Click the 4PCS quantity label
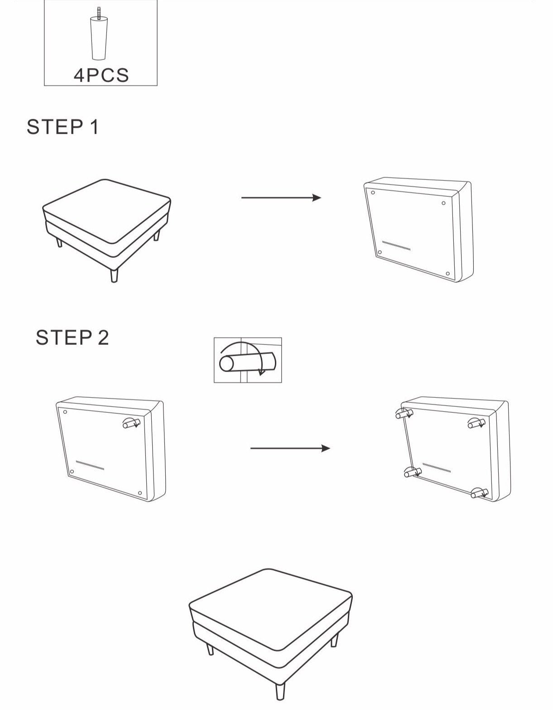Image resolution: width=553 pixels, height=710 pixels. [101, 75]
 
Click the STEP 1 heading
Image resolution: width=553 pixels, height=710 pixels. [63, 127]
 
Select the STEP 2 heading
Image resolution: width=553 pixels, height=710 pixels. [72, 338]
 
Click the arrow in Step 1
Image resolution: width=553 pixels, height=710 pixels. [281, 198]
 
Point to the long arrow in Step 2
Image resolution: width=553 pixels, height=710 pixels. [290, 449]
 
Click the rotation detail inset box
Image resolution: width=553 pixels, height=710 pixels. [248, 360]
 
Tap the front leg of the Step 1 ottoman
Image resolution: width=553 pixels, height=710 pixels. [114, 275]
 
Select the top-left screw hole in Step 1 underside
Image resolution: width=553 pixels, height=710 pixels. [373, 193]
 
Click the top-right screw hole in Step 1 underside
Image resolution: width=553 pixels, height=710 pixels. [443, 203]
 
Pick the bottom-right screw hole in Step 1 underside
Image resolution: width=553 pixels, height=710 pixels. [447, 274]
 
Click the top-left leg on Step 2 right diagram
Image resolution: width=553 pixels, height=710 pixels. [403, 414]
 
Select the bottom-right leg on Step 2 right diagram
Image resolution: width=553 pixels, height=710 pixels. [479, 493]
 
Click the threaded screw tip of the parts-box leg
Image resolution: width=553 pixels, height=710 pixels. [99, 12]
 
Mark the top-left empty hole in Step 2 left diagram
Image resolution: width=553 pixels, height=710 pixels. [65, 412]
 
